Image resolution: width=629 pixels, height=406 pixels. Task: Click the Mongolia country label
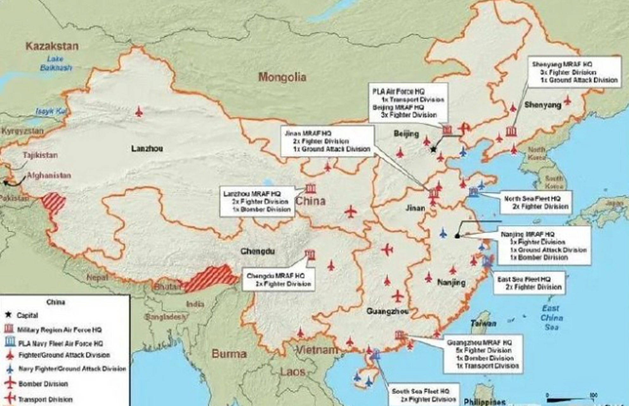pyautogui.click(x=282, y=77)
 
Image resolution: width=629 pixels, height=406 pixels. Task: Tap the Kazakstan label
pyautogui.click(x=52, y=46)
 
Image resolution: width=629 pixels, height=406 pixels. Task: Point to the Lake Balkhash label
pyautogui.click(x=56, y=63)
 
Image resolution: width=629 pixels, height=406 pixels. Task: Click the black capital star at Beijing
pyautogui.click(x=433, y=149)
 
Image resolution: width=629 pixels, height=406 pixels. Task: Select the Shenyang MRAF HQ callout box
pyautogui.click(x=574, y=72)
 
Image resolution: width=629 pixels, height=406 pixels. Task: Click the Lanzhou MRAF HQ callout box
pyautogui.click(x=257, y=201)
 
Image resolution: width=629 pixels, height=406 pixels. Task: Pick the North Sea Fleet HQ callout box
pyautogui.click(x=536, y=202)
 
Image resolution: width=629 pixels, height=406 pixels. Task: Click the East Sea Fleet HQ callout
pyautogui.click(x=529, y=283)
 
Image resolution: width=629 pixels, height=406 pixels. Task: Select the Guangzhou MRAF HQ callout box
pyautogui.click(x=484, y=354)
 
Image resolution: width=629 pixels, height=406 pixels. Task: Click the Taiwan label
pyautogui.click(x=483, y=324)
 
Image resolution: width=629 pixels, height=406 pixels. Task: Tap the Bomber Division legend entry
pyautogui.click(x=43, y=384)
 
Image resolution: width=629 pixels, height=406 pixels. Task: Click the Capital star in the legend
pyautogui.click(x=9, y=315)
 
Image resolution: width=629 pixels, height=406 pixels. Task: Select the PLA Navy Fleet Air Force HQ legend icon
pyautogui.click(x=10, y=342)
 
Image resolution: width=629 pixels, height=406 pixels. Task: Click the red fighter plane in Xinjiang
pyautogui.click(x=139, y=112)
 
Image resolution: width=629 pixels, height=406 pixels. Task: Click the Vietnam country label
pyautogui.click(x=317, y=350)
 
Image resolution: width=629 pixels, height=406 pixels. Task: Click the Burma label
pyautogui.click(x=229, y=354)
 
